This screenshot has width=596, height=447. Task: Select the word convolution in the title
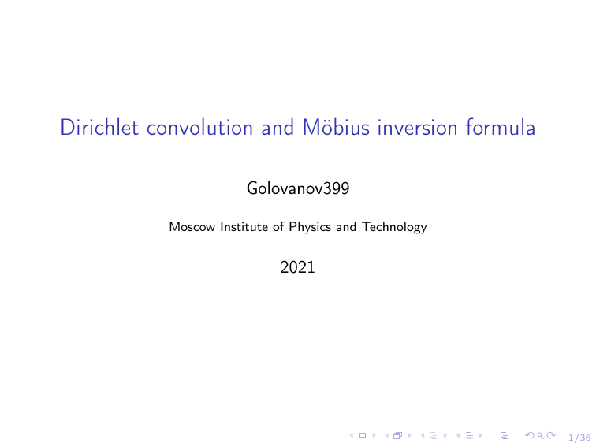(198, 129)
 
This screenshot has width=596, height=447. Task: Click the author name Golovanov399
(298, 188)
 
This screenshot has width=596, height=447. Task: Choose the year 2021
(298, 268)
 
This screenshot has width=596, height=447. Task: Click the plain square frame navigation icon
(362, 436)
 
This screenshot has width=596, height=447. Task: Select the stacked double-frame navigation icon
(397, 436)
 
